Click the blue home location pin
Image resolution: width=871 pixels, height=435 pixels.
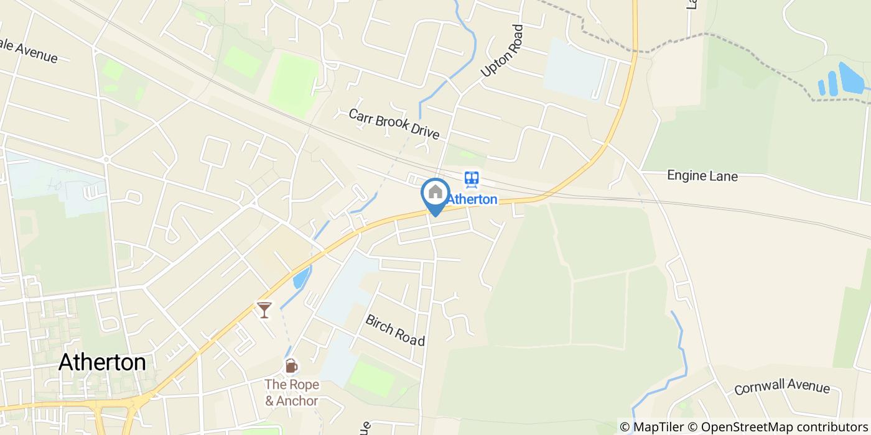click(x=435, y=194)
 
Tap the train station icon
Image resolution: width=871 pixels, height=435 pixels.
click(x=472, y=180)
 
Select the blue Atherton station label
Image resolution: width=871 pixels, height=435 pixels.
click(x=473, y=199)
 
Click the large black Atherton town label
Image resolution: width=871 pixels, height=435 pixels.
click(x=102, y=362)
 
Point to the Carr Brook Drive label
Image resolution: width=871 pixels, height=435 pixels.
click(x=394, y=124)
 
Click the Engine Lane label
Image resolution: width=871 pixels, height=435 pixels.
click(x=702, y=176)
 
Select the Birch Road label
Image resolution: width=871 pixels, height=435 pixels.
click(x=395, y=330)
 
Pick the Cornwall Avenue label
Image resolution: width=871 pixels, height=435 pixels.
click(x=781, y=387)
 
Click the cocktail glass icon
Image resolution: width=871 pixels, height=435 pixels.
click(x=264, y=309)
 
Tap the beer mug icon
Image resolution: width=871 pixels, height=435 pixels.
click(x=291, y=366)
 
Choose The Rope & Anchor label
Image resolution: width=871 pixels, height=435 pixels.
click(x=292, y=393)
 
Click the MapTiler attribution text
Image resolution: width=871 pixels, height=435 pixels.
click(x=653, y=427)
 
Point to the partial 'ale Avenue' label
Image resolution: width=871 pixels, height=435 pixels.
click(x=29, y=53)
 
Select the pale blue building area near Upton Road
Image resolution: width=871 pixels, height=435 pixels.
click(x=574, y=68)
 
